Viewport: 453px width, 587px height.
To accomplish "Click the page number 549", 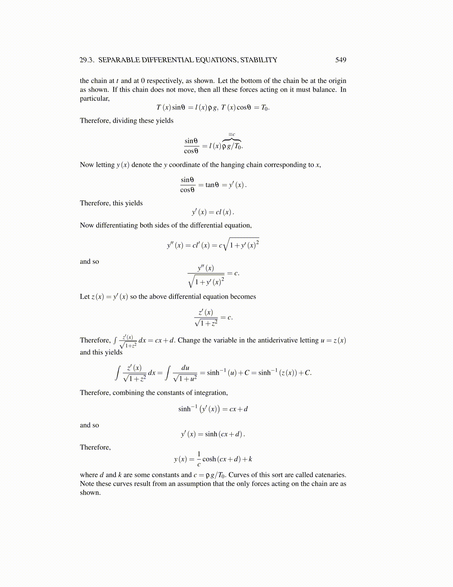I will pos(340,60).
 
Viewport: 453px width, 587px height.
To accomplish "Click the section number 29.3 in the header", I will pos(87,60).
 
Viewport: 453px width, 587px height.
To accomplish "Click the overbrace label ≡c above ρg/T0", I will pos(232,135).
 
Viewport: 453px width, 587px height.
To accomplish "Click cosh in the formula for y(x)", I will pos(209,459).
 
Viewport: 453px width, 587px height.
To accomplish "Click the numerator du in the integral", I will pos(185,368).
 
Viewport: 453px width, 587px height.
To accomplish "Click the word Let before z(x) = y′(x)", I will pos(85,297).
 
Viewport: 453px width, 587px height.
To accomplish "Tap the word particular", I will pos(94,99).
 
